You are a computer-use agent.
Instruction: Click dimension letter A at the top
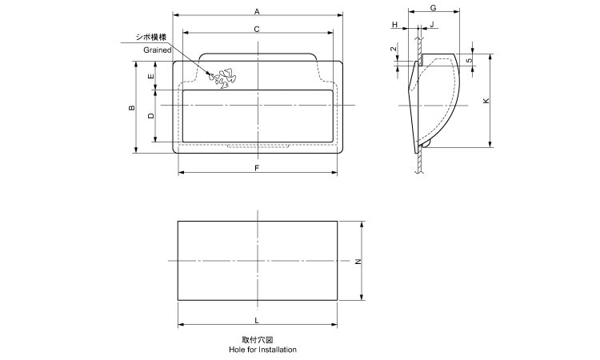point(257,11)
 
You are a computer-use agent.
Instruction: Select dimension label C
point(257,29)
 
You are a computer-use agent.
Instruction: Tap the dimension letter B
point(132,108)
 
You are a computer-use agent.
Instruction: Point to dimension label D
point(151,116)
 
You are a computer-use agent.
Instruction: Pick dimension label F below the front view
point(257,168)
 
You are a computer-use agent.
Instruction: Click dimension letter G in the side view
point(433,7)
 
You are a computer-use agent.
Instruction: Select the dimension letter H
point(394,26)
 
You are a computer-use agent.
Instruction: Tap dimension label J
point(432,26)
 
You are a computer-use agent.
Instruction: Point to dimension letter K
point(486,101)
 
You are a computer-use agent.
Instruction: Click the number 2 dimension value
point(394,50)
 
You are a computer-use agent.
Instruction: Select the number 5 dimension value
point(469,59)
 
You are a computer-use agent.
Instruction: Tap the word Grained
point(158,50)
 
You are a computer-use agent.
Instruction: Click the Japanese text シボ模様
point(152,38)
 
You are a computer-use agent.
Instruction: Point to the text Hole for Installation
point(257,350)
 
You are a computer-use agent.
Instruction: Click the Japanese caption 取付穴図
point(257,339)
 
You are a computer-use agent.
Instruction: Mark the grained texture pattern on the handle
point(222,78)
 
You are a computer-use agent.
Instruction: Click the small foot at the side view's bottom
point(426,145)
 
